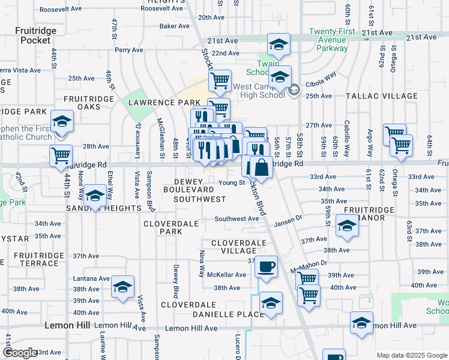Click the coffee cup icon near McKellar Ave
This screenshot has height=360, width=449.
[x=266, y=266]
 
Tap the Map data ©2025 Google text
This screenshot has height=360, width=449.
[x=411, y=355]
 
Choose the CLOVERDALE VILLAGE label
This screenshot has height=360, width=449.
[x=238, y=247]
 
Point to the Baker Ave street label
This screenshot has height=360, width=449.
[x=175, y=26]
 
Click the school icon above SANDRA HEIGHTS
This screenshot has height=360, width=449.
[x=95, y=196]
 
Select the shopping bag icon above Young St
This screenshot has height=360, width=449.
[x=261, y=166]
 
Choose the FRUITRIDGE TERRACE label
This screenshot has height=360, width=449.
[x=35, y=259]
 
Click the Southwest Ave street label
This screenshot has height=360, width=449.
[x=237, y=219]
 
